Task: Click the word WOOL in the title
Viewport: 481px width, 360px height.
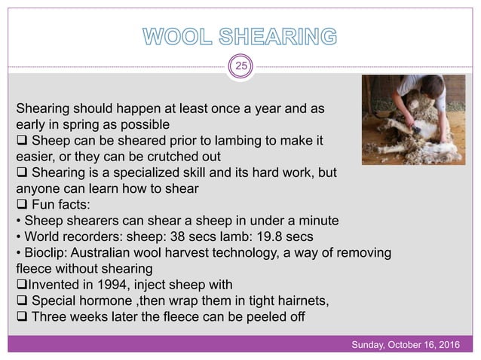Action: pyautogui.click(x=179, y=35)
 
